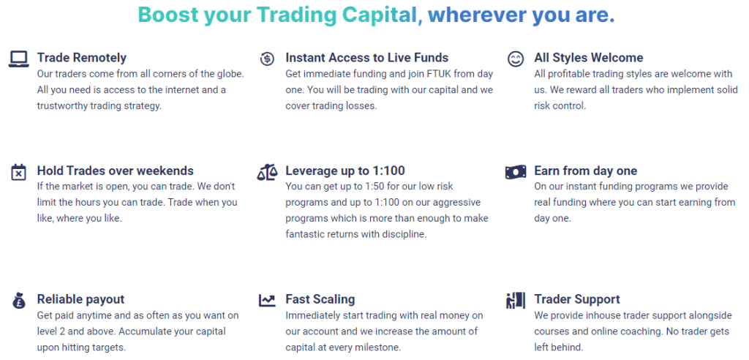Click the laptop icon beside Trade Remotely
click(18, 59)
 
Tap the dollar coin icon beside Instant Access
click(267, 59)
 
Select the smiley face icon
click(516, 59)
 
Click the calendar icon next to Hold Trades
click(18, 172)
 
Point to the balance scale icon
click(267, 172)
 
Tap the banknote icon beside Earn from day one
click(516, 172)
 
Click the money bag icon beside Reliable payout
click(18, 300)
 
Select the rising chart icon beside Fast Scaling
click(267, 300)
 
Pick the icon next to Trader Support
click(516, 300)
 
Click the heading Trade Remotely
click(82, 58)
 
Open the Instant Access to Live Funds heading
click(367, 58)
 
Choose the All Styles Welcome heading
click(589, 58)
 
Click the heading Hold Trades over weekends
click(116, 170)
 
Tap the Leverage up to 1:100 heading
click(345, 170)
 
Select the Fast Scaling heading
click(320, 299)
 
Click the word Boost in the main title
click(168, 15)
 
